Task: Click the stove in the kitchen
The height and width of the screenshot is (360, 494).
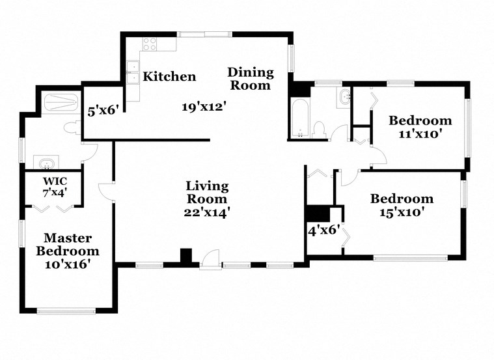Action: coord(150,44)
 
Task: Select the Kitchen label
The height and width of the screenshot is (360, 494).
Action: coord(169,77)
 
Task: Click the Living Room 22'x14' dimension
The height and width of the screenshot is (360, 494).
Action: coord(207,211)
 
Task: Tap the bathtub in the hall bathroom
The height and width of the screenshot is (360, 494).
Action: coord(300,119)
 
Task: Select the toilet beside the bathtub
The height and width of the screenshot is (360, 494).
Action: coord(319,128)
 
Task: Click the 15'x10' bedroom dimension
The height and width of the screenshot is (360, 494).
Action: coord(402,212)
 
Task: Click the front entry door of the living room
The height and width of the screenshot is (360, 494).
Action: coord(210,260)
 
